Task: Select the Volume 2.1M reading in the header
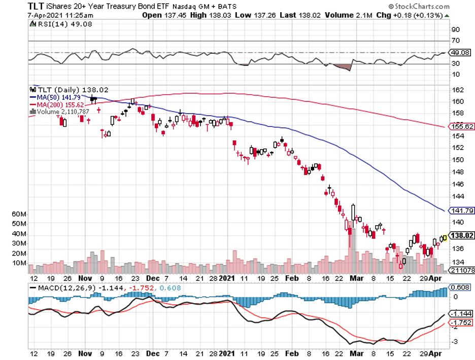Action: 345,16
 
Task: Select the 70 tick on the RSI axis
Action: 456,41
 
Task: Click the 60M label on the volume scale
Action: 19,214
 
